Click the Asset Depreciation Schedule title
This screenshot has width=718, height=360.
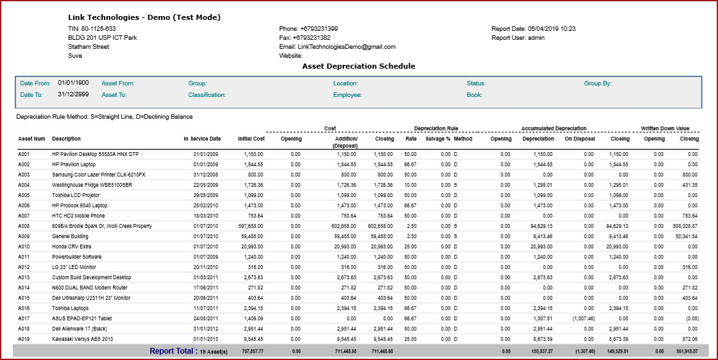359,66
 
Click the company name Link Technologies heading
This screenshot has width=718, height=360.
144,17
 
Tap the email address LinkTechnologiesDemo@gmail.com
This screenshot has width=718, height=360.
346,47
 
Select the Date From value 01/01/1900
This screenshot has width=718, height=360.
73,83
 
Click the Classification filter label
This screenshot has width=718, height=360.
207,95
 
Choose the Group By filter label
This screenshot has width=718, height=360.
597,83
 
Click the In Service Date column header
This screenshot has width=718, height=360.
202,139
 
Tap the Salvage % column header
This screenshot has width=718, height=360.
438,139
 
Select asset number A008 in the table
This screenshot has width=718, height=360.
23,227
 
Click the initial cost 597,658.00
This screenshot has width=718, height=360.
251,227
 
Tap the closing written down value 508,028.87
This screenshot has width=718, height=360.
685,227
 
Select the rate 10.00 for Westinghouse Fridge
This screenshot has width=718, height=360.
411,185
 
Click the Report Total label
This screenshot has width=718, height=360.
172,351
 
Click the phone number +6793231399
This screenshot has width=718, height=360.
319,29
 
